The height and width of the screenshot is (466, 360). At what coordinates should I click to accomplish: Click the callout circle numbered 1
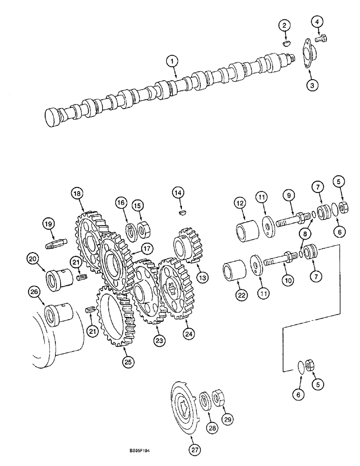(x=172, y=60)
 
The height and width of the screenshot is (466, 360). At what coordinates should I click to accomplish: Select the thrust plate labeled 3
(x=308, y=55)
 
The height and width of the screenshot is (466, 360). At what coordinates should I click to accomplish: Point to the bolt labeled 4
(x=321, y=40)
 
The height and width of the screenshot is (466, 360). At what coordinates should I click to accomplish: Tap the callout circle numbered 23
(x=160, y=341)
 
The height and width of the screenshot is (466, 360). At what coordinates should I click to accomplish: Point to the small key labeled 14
(x=180, y=212)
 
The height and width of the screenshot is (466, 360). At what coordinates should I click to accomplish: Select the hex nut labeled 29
(x=218, y=398)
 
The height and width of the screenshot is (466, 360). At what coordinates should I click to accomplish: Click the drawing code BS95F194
(x=143, y=451)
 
